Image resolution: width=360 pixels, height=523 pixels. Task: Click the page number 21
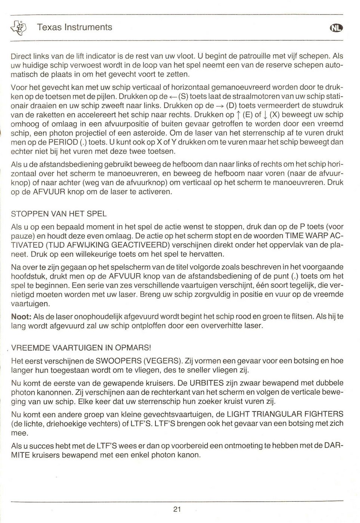177,509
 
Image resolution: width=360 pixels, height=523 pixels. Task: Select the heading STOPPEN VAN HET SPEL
59,214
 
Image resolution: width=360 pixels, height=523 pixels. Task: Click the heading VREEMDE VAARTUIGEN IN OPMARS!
81,347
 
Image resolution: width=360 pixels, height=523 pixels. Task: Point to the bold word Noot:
21,316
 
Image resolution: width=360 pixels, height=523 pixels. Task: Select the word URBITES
204,383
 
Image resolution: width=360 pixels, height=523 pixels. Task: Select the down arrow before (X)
265,115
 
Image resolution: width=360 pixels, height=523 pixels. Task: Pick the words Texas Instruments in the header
74,27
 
